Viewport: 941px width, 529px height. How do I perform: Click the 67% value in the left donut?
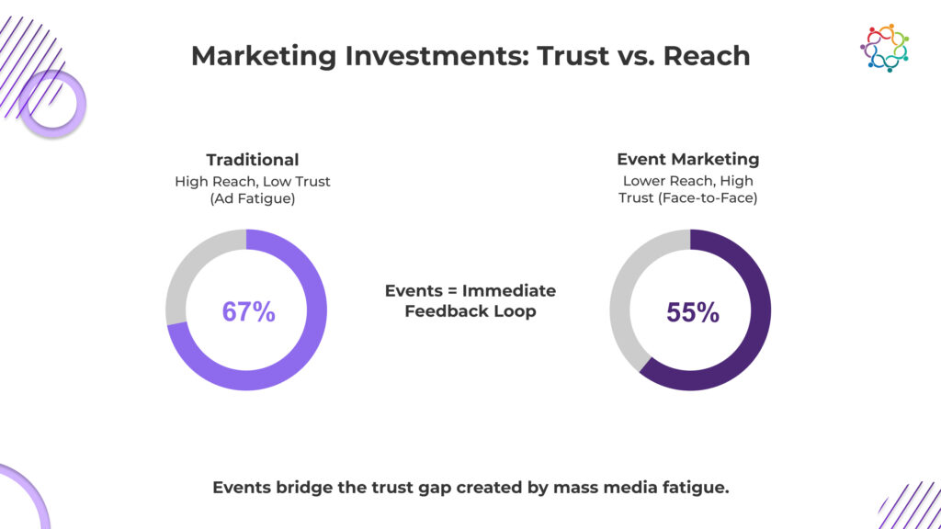[248, 311]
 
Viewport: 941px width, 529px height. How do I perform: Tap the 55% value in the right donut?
[692, 312]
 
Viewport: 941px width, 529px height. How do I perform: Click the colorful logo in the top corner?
[884, 48]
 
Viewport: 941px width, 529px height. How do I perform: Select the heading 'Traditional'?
[252, 160]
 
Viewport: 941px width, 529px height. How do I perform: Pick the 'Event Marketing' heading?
[688, 160]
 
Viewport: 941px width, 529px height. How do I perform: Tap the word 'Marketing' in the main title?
[266, 55]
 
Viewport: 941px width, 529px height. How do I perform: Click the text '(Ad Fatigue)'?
[253, 198]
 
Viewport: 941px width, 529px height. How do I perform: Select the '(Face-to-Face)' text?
[713, 198]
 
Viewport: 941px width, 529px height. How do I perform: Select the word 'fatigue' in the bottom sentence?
[696, 488]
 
